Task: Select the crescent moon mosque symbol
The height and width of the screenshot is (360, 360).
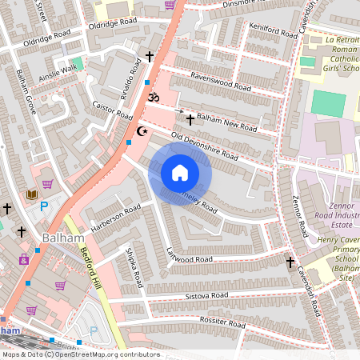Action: click(143, 130)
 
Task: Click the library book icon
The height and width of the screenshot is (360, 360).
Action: click(33, 194)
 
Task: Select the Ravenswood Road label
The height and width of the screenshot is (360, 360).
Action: click(217, 79)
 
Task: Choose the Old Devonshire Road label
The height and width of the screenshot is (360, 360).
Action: click(205, 146)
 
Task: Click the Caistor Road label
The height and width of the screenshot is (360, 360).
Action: click(113, 110)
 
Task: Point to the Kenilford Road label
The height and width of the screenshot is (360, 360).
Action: click(251, 33)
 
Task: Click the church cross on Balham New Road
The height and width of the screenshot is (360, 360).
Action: click(190, 119)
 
